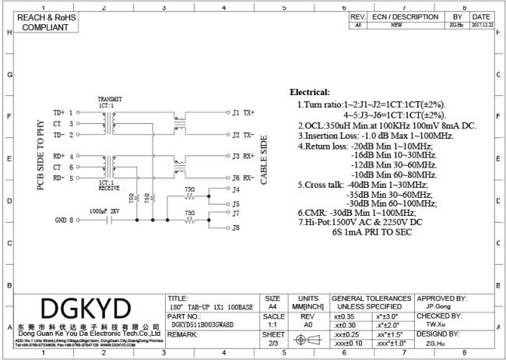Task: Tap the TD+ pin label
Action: click(x=60, y=112)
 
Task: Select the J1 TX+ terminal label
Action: click(x=243, y=112)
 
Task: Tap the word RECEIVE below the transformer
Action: click(x=110, y=188)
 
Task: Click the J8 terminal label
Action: click(x=237, y=228)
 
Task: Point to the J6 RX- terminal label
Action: click(x=243, y=178)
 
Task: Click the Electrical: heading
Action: click(x=310, y=92)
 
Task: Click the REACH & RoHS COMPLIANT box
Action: click(x=40, y=22)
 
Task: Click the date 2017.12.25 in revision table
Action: click(x=481, y=25)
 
